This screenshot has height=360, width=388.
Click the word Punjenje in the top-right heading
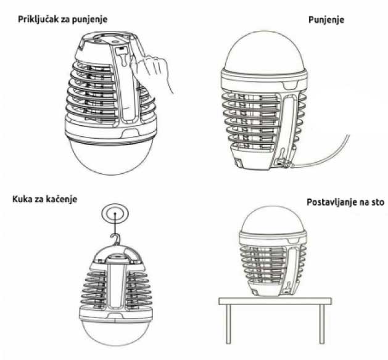click(326, 20)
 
